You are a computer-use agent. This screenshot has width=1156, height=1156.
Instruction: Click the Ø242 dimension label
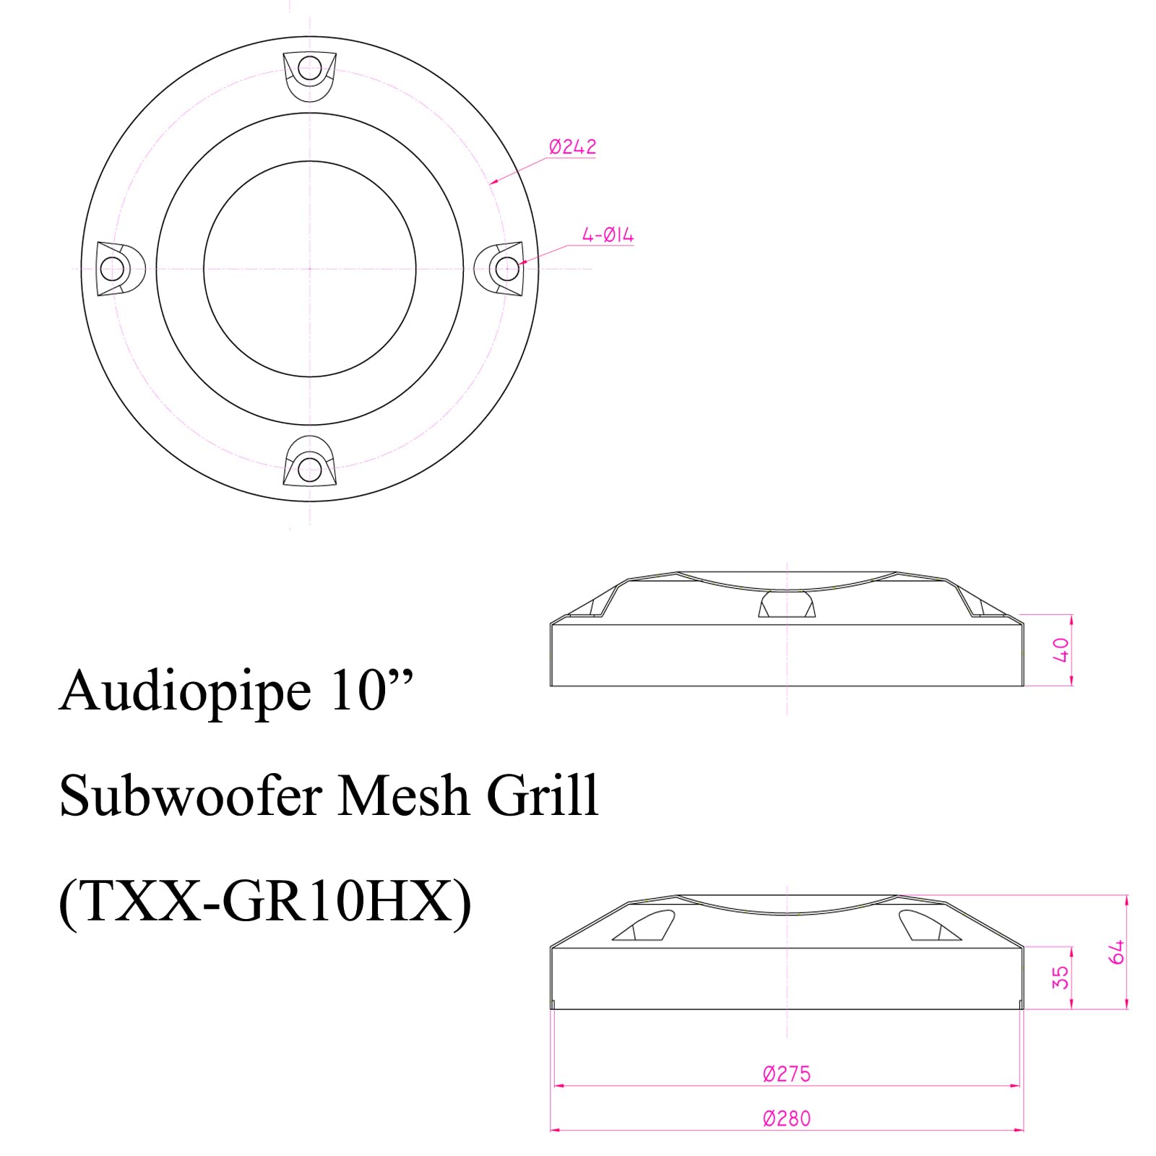(x=572, y=147)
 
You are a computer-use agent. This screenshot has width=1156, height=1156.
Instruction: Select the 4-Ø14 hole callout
(x=608, y=235)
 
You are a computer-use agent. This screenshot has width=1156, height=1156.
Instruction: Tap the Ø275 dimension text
(x=786, y=1074)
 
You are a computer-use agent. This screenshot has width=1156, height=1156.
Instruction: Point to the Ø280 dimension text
(x=786, y=1118)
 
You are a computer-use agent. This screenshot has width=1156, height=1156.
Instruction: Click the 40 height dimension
(x=1061, y=650)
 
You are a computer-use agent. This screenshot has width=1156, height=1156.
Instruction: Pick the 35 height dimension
(x=1060, y=978)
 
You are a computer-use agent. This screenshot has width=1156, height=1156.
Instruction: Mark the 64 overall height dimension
(x=1117, y=952)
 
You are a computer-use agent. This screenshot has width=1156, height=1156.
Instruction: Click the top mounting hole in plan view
(x=310, y=69)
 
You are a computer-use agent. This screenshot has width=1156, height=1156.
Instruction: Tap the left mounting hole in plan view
(x=112, y=269)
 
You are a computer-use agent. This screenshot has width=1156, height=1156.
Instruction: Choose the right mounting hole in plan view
(x=508, y=269)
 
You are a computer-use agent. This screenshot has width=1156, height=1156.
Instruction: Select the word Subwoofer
(x=191, y=795)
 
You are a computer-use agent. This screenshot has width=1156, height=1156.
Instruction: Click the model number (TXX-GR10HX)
(x=265, y=902)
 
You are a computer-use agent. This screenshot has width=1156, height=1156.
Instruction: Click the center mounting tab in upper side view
(x=787, y=603)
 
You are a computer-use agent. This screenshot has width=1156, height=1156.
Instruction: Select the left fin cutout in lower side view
(x=644, y=926)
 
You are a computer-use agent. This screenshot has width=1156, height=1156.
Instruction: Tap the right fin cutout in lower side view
(x=930, y=926)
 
